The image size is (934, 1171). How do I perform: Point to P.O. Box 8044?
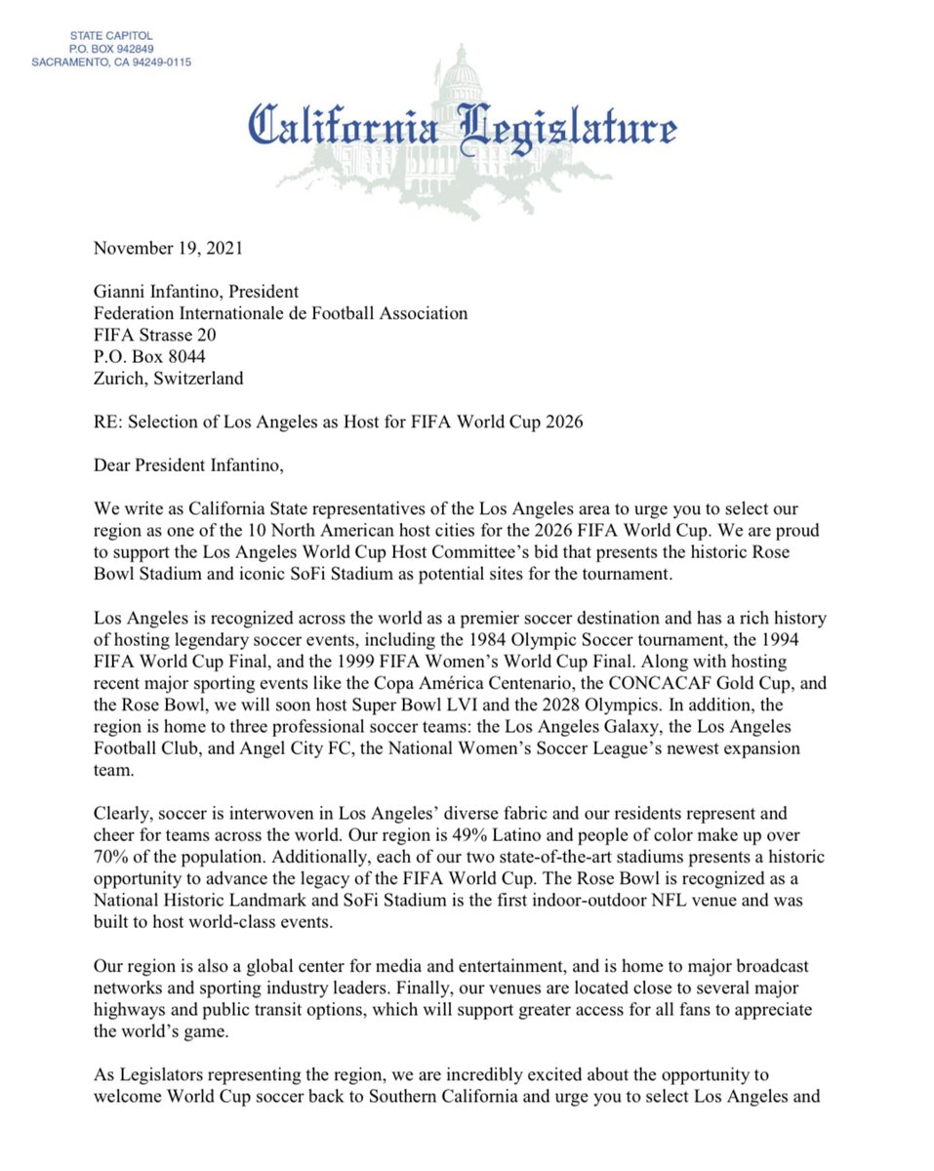[149, 356]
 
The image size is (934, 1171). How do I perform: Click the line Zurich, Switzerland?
[169, 378]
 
